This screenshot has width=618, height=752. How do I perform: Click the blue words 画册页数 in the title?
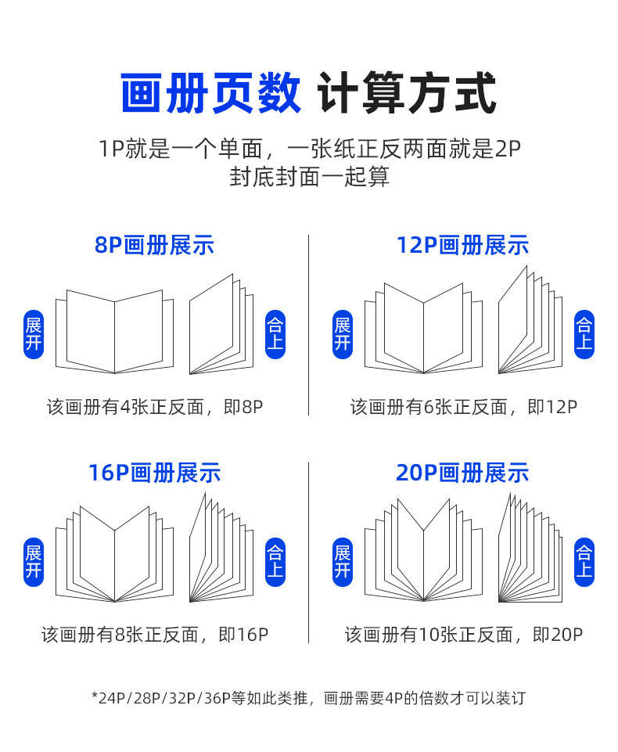point(210,94)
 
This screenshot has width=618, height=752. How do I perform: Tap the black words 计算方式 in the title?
point(407,94)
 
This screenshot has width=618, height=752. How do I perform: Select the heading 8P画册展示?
point(154,245)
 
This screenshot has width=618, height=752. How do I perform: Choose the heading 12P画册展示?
point(462,245)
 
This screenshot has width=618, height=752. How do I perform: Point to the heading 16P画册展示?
point(154,473)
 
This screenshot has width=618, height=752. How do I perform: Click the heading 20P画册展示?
point(462,473)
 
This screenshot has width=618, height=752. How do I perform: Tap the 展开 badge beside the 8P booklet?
point(34,334)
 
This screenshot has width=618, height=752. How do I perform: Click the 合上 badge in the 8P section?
point(275,334)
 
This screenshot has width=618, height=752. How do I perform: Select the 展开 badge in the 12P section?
point(343,334)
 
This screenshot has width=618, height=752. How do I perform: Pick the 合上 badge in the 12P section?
point(584,334)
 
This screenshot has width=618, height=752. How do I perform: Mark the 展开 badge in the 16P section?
point(34,562)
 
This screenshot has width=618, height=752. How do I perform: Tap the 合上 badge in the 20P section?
point(584,562)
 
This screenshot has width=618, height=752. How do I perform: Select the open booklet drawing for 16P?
point(115,556)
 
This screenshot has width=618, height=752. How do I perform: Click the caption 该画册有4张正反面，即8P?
point(154,407)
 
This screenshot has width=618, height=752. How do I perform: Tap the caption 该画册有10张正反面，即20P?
point(464,635)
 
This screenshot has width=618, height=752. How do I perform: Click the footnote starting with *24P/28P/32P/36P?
point(308,697)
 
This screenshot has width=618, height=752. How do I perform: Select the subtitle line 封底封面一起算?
point(309,177)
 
